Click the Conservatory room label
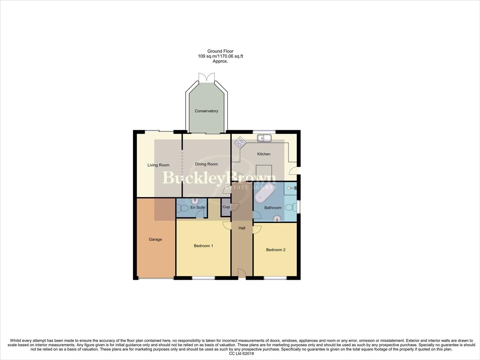tap(206, 111)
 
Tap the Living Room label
tap(158, 165)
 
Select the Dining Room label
tap(206, 164)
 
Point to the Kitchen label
tap(264, 154)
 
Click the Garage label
tap(155, 239)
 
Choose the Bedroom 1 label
tap(203, 246)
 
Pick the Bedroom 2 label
tap(276, 250)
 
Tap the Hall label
tap(242, 228)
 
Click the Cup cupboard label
tap(226, 207)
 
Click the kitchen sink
tap(264, 138)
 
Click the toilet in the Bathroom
tap(291, 207)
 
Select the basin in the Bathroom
tap(277, 218)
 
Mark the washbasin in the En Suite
tap(195, 201)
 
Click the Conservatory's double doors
tap(207, 77)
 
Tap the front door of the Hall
tap(242, 273)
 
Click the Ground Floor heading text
tap(220, 51)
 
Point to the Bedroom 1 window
tap(203, 278)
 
